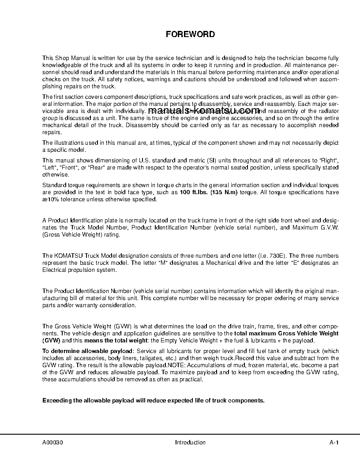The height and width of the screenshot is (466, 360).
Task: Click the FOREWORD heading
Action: click(x=190, y=34)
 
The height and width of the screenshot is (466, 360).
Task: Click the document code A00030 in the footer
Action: click(x=52, y=443)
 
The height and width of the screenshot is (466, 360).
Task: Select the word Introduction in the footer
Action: click(x=190, y=443)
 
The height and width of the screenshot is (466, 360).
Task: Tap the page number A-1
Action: click(x=334, y=443)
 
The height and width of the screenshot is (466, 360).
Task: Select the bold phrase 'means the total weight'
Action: click(x=113, y=341)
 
